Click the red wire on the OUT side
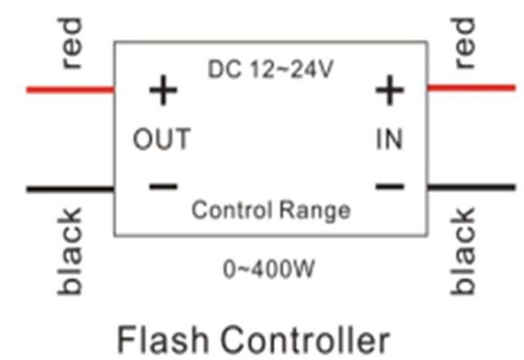70,89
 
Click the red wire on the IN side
471,87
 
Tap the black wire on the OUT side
70,188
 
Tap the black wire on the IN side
471,186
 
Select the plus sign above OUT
162,91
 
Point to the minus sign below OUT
162,186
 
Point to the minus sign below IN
390,185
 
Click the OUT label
162,139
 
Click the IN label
390,139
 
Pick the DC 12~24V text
270,68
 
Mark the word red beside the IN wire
465,43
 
